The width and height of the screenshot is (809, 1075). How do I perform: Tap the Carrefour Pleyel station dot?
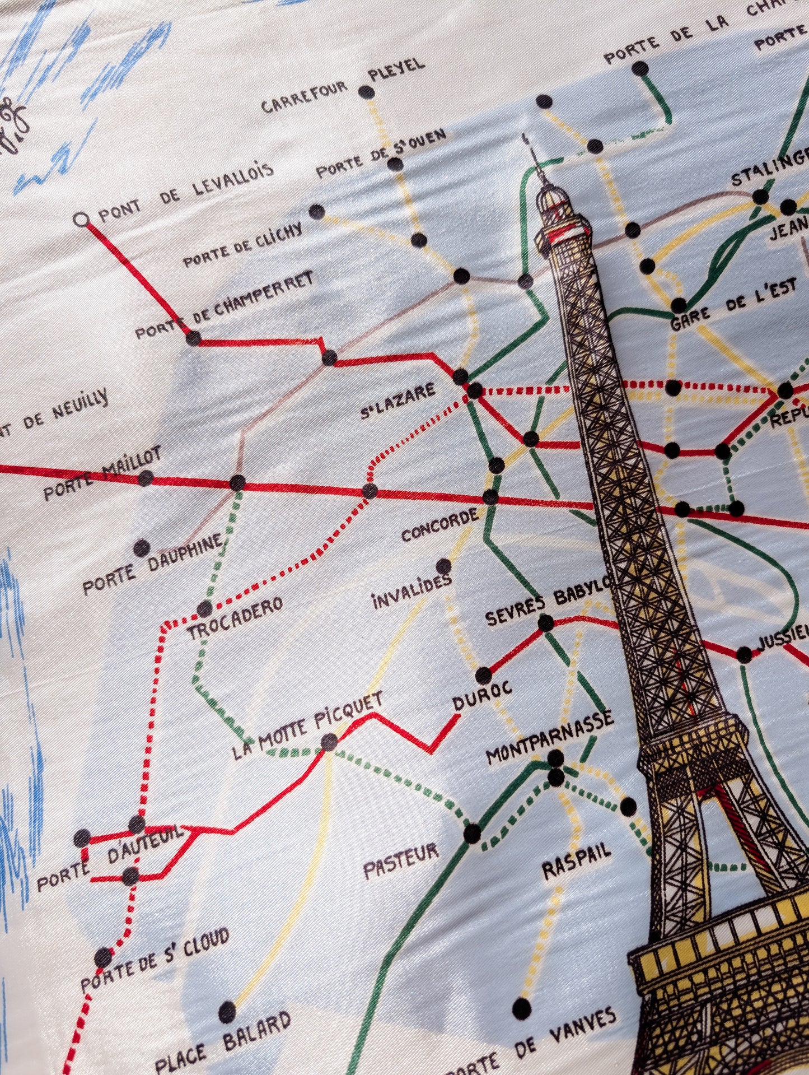[366, 92]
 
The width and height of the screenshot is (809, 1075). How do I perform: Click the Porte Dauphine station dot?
[142, 547]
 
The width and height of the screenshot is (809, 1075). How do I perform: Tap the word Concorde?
[440, 525]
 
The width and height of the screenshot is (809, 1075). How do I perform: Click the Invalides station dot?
[443, 566]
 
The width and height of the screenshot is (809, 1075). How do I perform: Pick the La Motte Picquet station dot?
[329, 742]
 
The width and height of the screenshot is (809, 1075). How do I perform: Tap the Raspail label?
[576, 862]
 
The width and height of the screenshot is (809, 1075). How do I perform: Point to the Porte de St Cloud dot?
[104, 957]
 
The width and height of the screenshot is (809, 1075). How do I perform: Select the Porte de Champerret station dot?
[193, 338]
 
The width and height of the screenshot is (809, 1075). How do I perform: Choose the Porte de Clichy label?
[244, 245]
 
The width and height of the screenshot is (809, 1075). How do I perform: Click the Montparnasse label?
[549, 738]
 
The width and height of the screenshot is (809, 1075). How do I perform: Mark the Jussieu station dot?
[744, 654]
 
